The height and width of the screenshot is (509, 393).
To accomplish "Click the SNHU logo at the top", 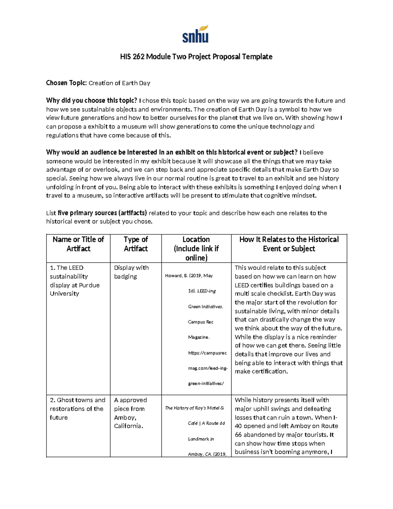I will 196,34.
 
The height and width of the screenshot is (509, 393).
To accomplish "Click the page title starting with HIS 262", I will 196,57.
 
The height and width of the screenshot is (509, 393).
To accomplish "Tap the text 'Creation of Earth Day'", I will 120,83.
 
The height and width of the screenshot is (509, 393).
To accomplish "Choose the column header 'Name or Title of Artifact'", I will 78,244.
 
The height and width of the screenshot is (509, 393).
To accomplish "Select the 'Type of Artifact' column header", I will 136,244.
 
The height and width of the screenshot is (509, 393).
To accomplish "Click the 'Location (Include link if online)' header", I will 196,248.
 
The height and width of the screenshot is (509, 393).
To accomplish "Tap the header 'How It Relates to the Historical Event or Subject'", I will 289,244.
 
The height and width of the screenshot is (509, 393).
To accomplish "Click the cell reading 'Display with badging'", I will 131,272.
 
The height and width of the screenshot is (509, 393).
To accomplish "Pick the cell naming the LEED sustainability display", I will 75,281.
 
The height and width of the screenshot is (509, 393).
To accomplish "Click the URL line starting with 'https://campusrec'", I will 207,353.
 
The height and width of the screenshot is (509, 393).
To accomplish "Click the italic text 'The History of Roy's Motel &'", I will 195,408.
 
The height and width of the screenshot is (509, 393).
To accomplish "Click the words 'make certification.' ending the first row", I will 261,371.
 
